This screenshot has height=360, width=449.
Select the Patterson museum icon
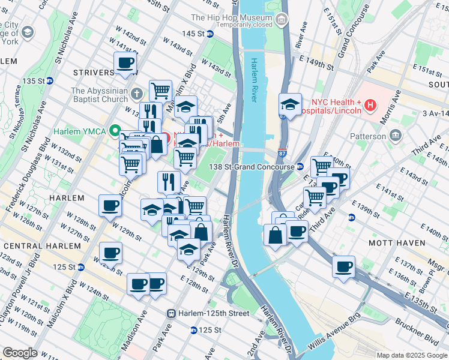[x=396, y=136]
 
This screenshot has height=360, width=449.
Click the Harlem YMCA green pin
[x=113, y=131]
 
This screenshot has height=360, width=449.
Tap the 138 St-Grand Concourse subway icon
[x=300, y=167]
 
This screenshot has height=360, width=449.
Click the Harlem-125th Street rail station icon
[x=171, y=313]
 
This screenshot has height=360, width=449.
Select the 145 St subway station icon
[x=209, y=34]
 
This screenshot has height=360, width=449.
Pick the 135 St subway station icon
[x=50, y=80]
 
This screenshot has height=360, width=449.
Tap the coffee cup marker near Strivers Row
[x=125, y=62]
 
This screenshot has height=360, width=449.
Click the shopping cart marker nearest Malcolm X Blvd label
[x=160, y=91]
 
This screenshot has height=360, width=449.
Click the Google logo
[x=20, y=353]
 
